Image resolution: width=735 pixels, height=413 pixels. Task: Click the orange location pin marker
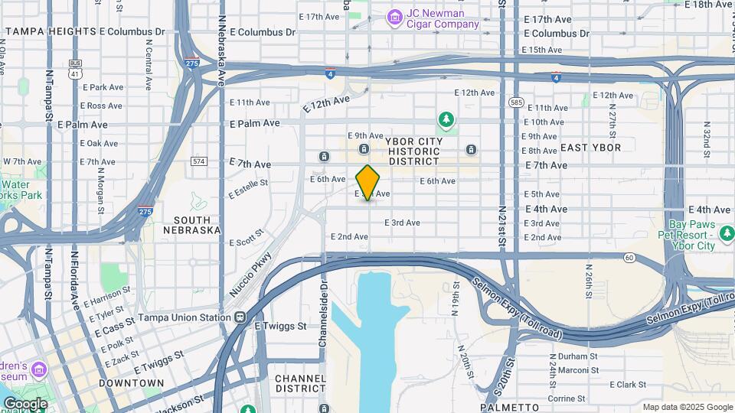[368, 182]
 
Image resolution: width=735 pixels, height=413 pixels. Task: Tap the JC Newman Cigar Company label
[443, 18]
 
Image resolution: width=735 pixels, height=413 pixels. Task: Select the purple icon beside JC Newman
[394, 16]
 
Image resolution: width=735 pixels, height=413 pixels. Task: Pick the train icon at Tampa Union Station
[240, 317]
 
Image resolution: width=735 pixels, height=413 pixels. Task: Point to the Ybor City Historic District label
[414, 151]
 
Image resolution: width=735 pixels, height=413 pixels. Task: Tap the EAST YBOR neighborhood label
[590, 148]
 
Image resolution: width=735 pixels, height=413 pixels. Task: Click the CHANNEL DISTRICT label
[301, 385]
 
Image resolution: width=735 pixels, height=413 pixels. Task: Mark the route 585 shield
[515, 102]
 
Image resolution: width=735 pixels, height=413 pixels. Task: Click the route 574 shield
[199, 161]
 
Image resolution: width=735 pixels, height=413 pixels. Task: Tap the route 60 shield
[629, 258]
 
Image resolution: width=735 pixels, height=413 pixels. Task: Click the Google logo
[25, 404]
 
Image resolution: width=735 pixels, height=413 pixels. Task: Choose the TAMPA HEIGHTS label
[50, 32]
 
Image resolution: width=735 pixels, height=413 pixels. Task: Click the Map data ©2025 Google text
[686, 407]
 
